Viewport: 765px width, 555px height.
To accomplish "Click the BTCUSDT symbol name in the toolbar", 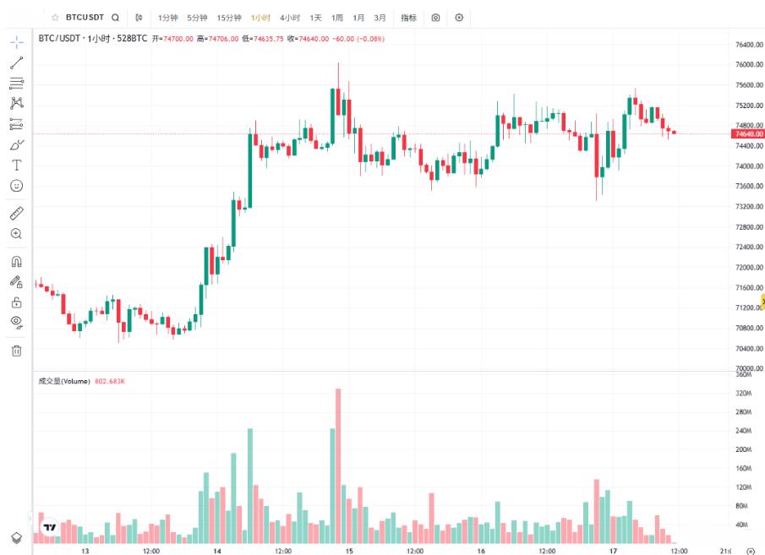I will pos(85,17).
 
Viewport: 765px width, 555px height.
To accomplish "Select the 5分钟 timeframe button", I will pos(197,17).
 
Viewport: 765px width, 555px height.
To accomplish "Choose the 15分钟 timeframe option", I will pos(228,17).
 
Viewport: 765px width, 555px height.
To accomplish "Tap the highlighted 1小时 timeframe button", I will pos(260,17).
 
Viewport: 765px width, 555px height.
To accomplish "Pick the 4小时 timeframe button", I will pos(290,17).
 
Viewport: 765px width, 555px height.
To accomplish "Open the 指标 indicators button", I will pos(408,17).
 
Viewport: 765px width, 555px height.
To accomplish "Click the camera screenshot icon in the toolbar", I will pos(435,17).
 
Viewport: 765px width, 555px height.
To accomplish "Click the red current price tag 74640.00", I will pos(749,133).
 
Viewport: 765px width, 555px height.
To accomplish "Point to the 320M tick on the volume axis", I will pos(743,394).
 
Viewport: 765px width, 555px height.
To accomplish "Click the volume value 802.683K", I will pos(109,382).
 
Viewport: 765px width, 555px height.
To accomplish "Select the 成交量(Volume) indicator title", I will pos(64,382).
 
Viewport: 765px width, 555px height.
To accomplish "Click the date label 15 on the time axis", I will pos(349,550).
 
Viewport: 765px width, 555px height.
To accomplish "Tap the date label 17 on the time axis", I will pos(612,550).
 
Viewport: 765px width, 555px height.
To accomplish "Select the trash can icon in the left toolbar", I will pos(16,351).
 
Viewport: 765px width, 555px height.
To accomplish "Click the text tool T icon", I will pos(16,165).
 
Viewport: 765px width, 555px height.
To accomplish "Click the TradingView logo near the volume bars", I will pos(50,528).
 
